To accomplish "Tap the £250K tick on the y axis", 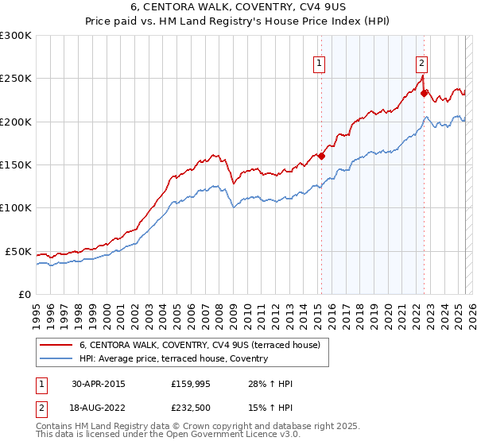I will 16,79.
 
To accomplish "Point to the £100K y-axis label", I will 16,207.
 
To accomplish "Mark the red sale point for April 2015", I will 322,157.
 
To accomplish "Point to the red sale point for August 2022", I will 425,94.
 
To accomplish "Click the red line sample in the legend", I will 56,345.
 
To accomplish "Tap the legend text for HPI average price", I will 173,359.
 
